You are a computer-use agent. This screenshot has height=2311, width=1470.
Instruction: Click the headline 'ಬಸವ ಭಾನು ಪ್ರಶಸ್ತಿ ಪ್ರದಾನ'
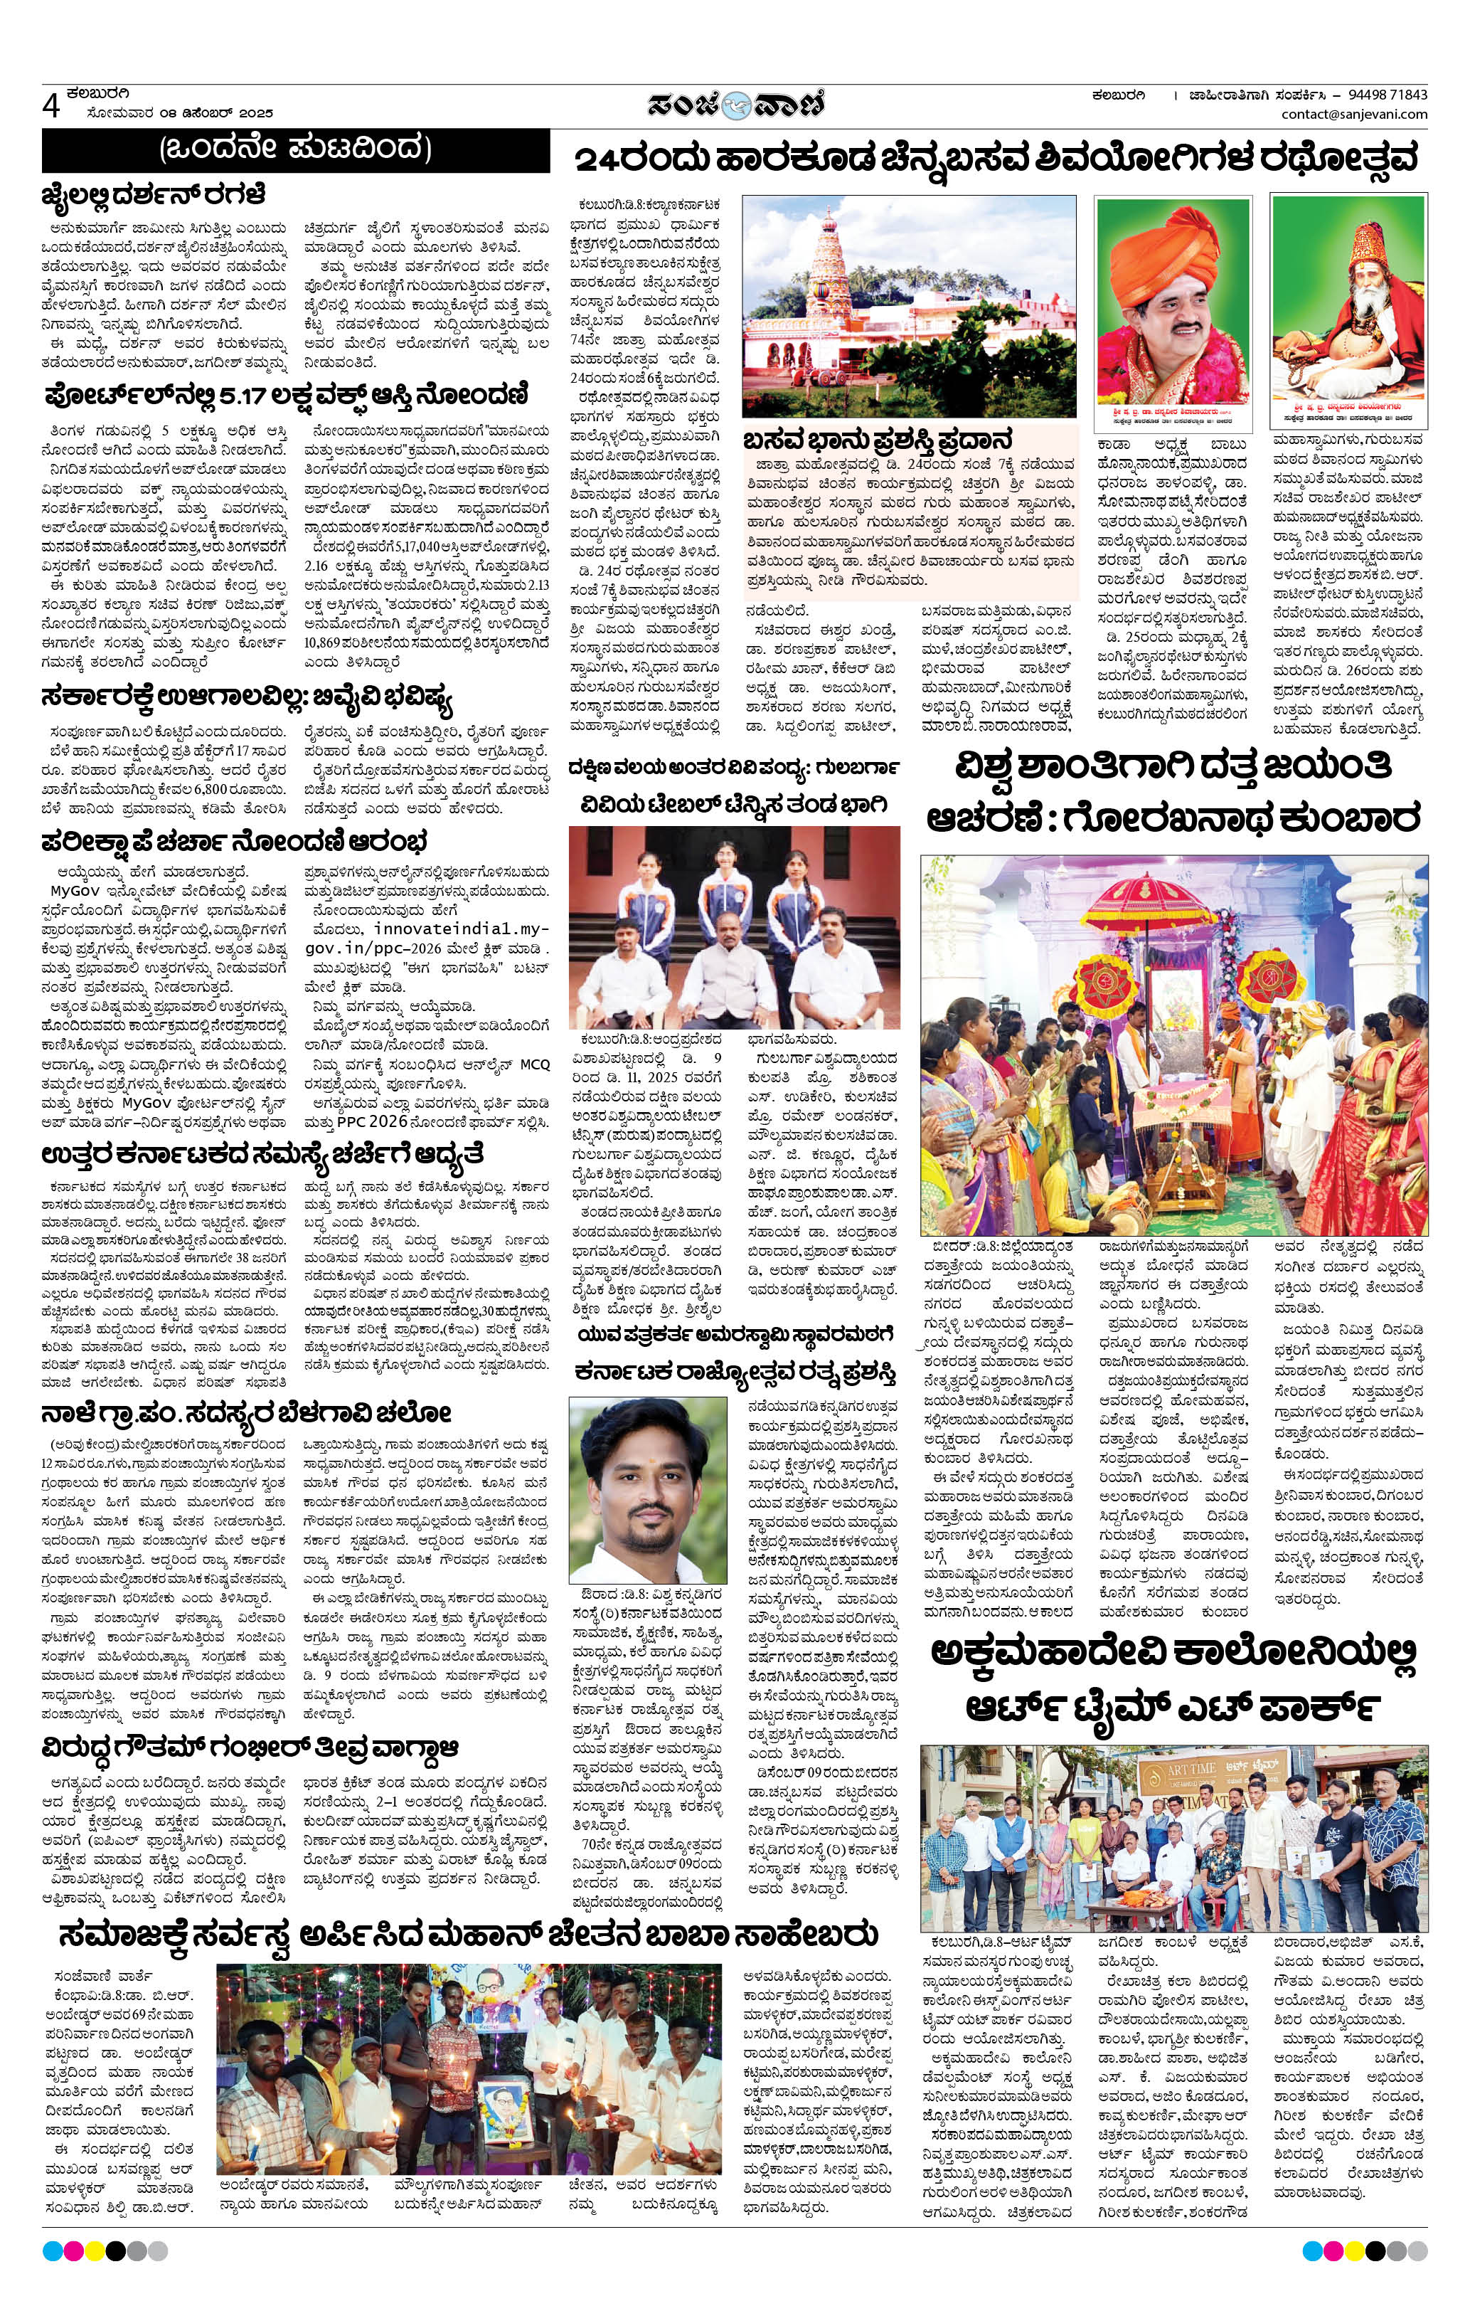[878, 440]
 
